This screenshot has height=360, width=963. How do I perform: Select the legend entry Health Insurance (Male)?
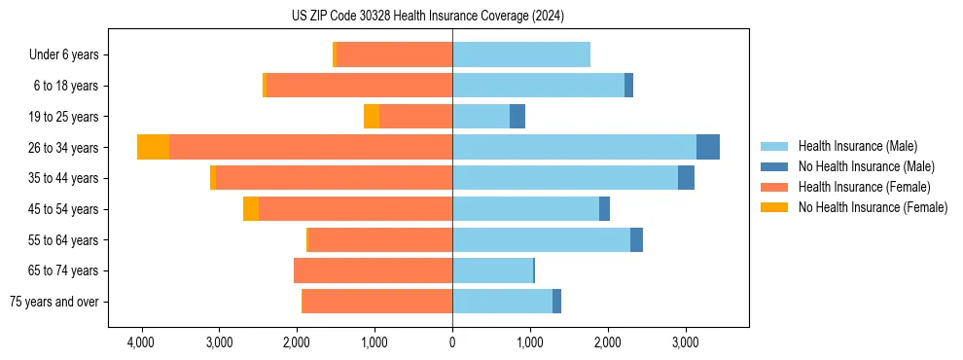(857, 146)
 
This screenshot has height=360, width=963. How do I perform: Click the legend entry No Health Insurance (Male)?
(866, 166)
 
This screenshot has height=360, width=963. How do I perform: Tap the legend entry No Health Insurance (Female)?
(873, 207)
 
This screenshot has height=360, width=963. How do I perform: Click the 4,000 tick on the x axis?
(141, 343)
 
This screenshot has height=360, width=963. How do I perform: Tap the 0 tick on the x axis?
(452, 343)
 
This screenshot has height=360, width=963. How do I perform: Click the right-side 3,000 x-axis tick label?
(685, 343)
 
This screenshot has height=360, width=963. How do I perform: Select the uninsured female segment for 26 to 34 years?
(153, 147)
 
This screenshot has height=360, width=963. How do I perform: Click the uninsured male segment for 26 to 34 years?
(708, 147)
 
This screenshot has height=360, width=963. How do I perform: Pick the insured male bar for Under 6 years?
(521, 54)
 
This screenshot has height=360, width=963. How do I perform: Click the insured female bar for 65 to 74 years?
(374, 270)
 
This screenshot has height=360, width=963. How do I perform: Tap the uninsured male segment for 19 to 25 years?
(517, 117)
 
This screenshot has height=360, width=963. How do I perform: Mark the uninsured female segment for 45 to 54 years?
(251, 209)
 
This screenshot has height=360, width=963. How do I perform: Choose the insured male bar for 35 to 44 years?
(565, 178)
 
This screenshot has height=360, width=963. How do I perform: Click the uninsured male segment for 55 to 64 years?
(636, 239)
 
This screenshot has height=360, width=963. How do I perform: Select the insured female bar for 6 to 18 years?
(359, 86)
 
